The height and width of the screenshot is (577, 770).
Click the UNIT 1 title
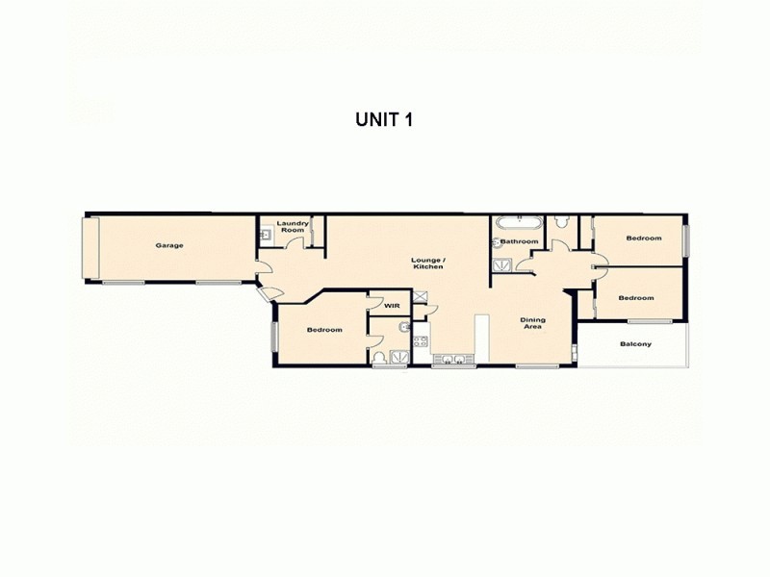(x=384, y=121)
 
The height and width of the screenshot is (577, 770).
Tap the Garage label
(x=169, y=245)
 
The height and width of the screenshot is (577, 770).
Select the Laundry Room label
(x=293, y=227)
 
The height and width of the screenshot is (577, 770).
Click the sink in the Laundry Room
(x=264, y=234)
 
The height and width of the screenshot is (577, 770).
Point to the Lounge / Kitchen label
(x=427, y=263)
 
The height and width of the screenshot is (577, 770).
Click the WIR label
(x=391, y=305)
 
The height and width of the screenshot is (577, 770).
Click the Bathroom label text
(x=520, y=240)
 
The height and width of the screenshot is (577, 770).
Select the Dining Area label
(x=532, y=323)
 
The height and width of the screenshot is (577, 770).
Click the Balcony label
(x=635, y=344)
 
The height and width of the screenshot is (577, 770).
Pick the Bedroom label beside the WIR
(x=324, y=330)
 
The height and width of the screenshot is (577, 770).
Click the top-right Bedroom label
(x=643, y=238)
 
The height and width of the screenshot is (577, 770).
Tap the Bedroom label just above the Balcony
(x=635, y=298)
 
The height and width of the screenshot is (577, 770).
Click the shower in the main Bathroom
(x=500, y=265)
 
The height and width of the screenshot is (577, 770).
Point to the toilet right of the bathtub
(x=562, y=223)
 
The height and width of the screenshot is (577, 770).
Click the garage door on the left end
(x=91, y=247)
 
